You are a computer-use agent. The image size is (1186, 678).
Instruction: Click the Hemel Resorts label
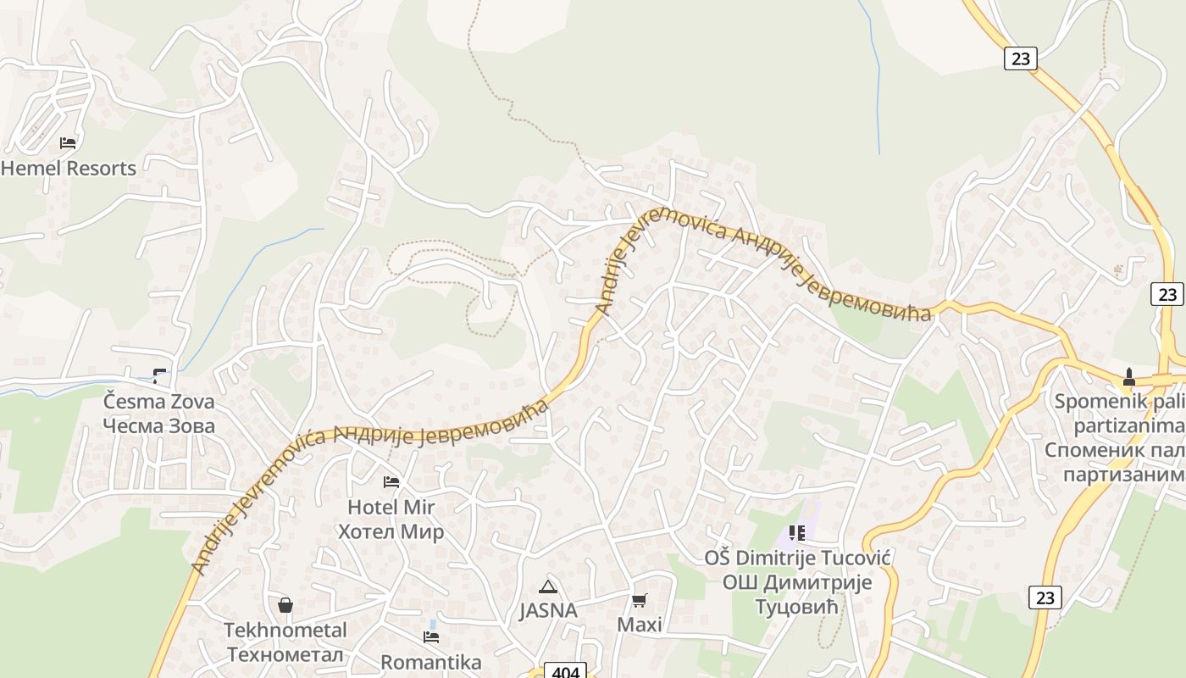(x=69, y=168)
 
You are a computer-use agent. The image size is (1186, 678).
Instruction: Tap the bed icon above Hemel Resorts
(x=68, y=142)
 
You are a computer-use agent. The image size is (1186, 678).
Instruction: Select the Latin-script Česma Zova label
(x=158, y=401)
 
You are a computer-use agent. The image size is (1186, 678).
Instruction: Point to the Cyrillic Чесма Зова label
(x=158, y=425)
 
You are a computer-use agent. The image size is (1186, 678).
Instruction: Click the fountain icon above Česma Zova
(x=159, y=375)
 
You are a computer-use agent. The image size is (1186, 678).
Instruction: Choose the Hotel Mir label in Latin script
(x=391, y=508)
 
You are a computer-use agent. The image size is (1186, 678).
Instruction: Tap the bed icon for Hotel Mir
(x=391, y=482)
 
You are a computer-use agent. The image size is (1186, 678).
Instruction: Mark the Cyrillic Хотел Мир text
(x=391, y=532)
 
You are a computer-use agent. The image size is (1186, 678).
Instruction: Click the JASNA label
(x=548, y=610)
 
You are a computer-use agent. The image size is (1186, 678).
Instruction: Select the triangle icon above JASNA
(x=548, y=586)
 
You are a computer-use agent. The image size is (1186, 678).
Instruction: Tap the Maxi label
(x=640, y=625)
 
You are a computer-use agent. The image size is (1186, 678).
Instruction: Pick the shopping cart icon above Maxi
(x=640, y=600)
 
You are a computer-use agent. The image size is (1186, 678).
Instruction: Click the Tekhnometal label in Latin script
(x=285, y=630)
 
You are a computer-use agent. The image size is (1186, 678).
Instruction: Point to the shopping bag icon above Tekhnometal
(x=285, y=605)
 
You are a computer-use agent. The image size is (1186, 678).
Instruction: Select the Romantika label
(x=431, y=662)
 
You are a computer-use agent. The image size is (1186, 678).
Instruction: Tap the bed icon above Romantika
(x=431, y=636)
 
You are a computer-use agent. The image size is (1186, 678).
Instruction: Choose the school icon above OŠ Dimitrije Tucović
(x=796, y=533)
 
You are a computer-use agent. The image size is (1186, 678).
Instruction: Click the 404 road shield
(x=565, y=672)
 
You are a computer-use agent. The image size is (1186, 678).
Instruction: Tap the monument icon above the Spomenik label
(x=1128, y=376)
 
